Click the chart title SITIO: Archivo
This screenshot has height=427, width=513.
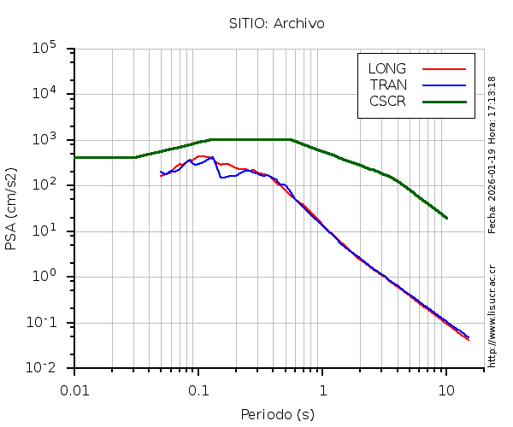coord(276,23)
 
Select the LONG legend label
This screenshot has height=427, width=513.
coord(387,68)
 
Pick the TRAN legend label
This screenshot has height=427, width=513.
coord(388,85)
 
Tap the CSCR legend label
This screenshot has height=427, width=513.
coord(387,101)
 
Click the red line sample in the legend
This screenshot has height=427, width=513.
coord(444,68)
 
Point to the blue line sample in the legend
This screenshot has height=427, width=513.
coord(444,85)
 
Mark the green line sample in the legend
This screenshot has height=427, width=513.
coord(444,101)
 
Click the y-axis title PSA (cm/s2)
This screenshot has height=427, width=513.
coord(12,208)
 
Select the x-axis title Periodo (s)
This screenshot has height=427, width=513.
coord(277,415)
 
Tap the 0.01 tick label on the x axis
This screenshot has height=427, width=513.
coord(74,389)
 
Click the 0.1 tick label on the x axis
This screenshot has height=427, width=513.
coord(198,389)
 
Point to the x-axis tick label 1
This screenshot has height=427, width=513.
coord(322,389)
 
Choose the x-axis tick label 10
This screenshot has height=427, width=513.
coord(446,389)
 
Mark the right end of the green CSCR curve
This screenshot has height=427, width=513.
coord(446,218)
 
